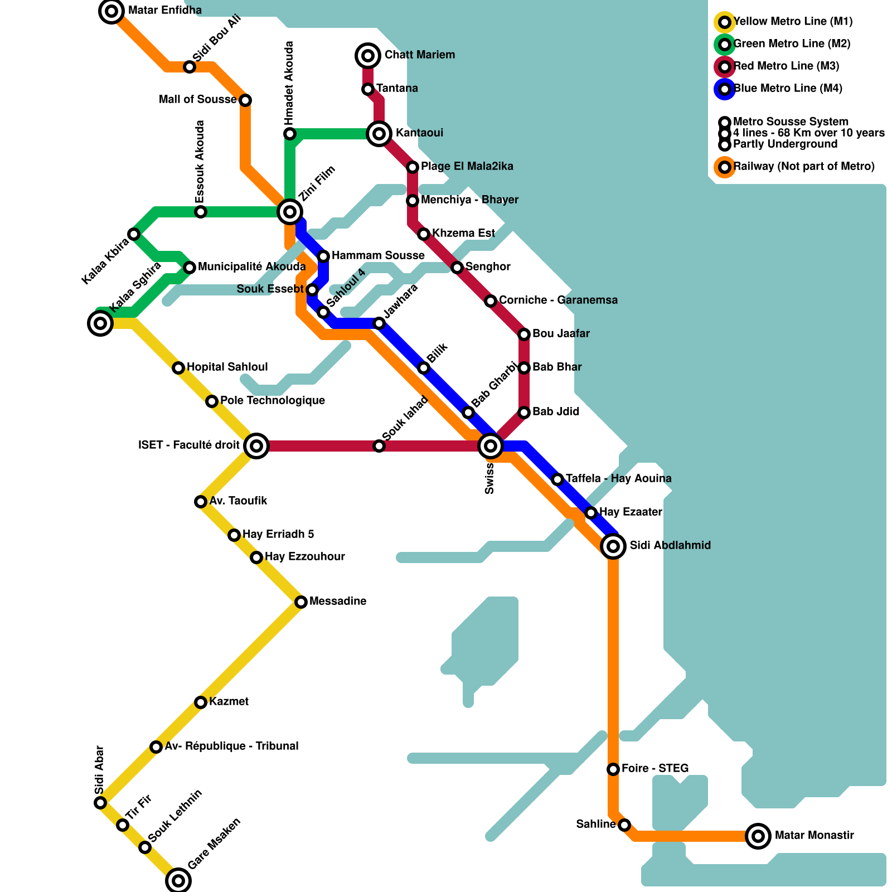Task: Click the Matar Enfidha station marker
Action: tap(111, 11)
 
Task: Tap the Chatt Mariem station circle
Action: tap(368, 55)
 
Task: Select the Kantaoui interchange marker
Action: tap(379, 134)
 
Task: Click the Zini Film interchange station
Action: tap(290, 211)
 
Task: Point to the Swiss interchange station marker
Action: tap(491, 445)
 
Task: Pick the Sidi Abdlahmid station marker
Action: tap(613, 546)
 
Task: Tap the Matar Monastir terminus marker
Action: tap(758, 836)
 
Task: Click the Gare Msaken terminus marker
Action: tap(178, 880)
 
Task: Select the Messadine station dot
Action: tap(301, 602)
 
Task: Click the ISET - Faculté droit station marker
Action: tap(256, 445)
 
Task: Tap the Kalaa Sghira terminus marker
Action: tap(100, 323)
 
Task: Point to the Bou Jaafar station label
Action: tap(560, 333)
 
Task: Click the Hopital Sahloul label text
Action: tap(227, 367)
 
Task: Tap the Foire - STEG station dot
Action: tap(613, 769)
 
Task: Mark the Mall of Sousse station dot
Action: tap(245, 100)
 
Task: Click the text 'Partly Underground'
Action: tap(785, 144)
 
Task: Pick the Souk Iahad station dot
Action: tap(379, 445)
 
